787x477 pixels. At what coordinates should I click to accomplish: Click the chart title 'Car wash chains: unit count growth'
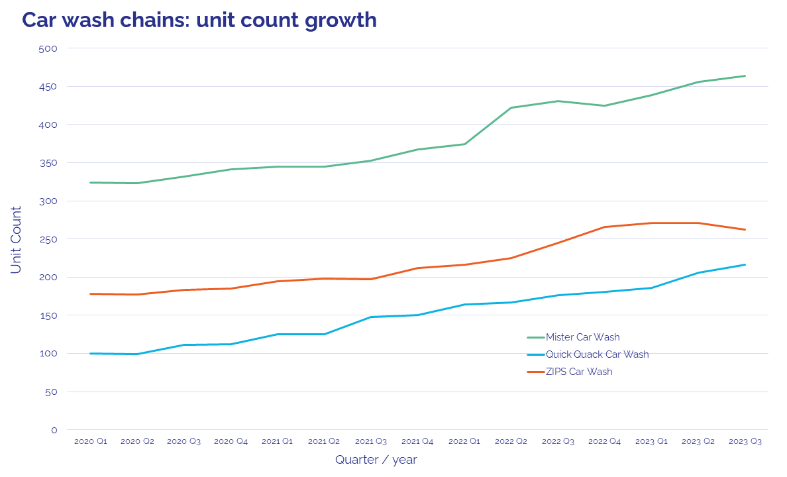(x=199, y=20)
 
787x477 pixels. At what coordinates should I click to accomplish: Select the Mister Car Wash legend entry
(x=582, y=337)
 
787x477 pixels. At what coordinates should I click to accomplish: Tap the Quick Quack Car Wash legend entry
(x=597, y=354)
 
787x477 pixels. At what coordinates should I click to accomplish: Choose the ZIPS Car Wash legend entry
(x=579, y=372)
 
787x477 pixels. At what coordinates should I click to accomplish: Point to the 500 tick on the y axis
(x=50, y=48)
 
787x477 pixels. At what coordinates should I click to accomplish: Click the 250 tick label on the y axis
(x=50, y=239)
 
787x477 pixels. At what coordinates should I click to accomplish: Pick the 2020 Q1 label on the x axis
(x=91, y=441)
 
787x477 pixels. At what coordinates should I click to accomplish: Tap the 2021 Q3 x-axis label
(x=371, y=441)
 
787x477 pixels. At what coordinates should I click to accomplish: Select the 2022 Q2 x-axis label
(x=511, y=441)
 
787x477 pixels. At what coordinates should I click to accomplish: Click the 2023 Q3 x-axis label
(x=745, y=441)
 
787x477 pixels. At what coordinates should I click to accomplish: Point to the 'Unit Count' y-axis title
(x=17, y=240)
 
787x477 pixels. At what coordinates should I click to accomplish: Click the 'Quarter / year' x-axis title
(x=376, y=459)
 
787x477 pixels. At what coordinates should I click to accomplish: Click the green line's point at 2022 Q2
(x=511, y=107)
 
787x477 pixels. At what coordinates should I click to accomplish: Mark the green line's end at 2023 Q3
(x=745, y=76)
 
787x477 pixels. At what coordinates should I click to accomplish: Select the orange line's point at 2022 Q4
(x=605, y=227)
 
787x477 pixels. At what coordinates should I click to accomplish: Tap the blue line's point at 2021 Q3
(x=371, y=317)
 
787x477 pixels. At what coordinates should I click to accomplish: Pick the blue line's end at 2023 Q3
(x=745, y=265)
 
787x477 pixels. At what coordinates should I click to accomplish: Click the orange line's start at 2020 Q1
(x=91, y=293)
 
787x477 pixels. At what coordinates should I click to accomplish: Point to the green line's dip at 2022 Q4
(x=605, y=106)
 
